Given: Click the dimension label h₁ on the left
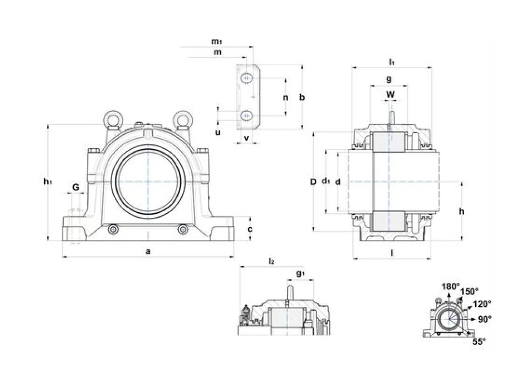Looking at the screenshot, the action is [48, 182].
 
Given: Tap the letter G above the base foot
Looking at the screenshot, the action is [76, 187].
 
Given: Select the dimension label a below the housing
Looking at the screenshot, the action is [148, 251].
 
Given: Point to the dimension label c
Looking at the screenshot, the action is [250, 229].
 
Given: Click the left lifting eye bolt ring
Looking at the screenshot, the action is [113, 119].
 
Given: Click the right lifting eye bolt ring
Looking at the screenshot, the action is [183, 119].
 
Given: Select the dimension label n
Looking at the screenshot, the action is [286, 98].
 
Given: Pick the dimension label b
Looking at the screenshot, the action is [302, 97].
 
